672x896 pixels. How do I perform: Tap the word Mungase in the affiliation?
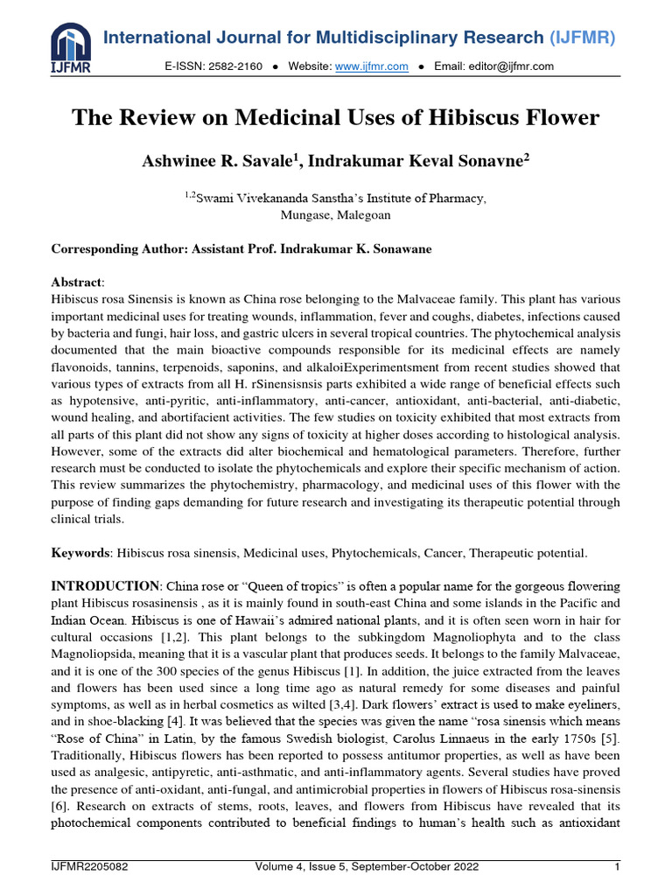coord(304,214)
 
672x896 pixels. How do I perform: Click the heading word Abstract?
coord(77,282)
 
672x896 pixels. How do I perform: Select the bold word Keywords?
coord(80,553)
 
